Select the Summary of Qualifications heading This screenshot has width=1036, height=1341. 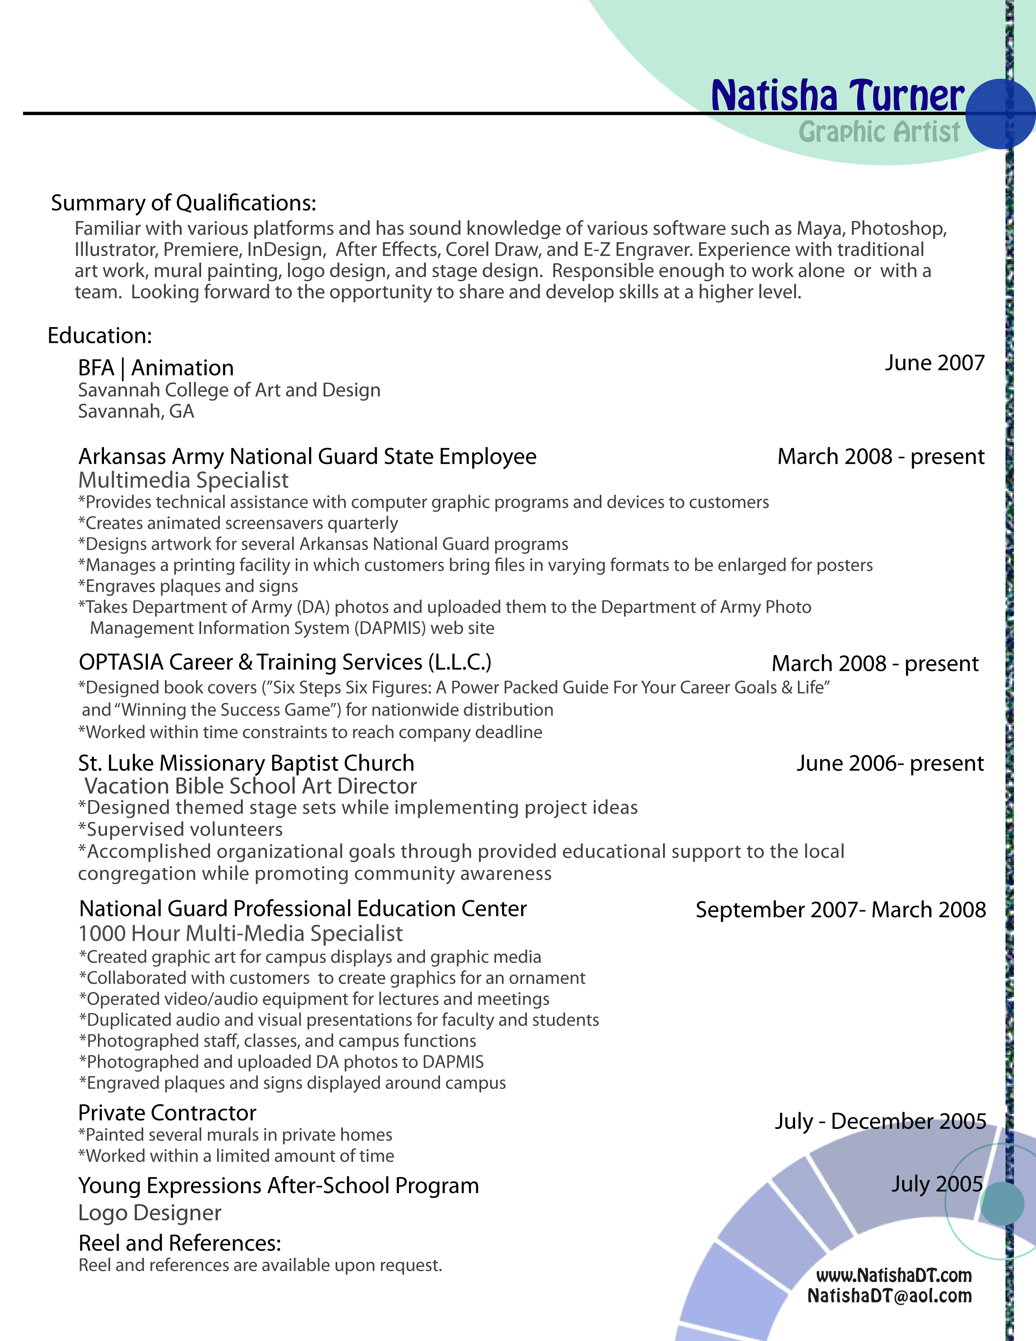(x=184, y=203)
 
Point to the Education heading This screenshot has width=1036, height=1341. (x=100, y=335)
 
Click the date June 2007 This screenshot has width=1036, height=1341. (x=934, y=363)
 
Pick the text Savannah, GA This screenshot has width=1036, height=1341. (x=136, y=411)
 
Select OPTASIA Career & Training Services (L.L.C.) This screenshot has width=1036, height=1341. (x=285, y=662)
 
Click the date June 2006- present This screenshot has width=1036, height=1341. (x=890, y=763)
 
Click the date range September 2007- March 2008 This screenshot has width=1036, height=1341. (x=840, y=909)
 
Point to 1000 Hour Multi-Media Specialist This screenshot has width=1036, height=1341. (x=240, y=933)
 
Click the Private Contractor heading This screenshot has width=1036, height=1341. (x=167, y=1113)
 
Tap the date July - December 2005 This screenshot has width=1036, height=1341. (x=880, y=1121)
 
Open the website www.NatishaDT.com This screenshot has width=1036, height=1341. (x=894, y=1275)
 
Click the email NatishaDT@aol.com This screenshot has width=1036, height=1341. (x=889, y=1295)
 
